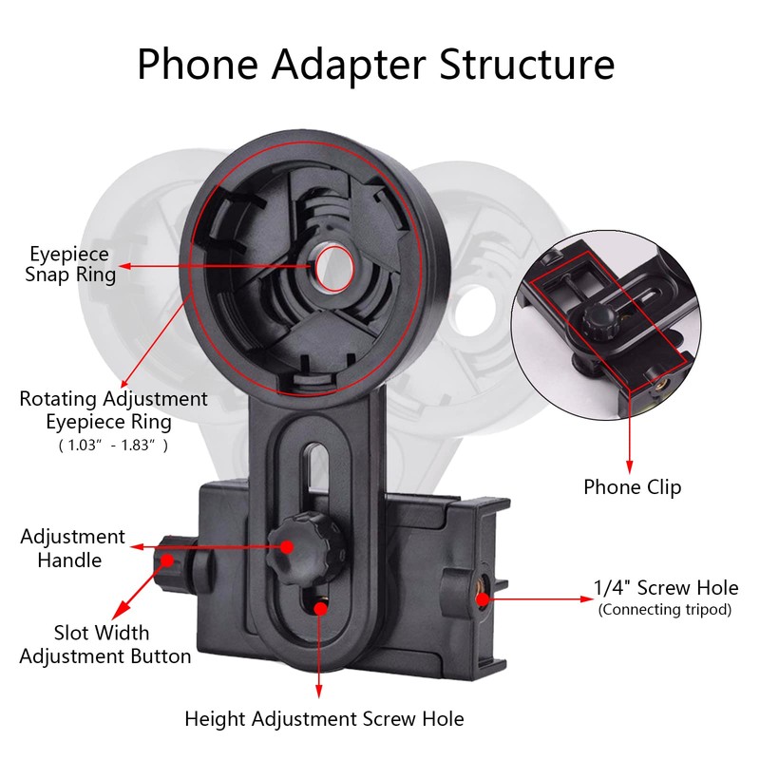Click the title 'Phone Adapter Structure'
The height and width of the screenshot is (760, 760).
375,65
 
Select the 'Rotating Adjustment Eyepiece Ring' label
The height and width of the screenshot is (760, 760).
113,409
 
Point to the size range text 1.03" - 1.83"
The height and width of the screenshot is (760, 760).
113,445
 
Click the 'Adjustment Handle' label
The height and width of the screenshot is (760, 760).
72,548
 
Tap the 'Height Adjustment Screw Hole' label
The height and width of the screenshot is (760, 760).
324,718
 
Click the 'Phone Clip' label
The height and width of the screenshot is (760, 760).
632,486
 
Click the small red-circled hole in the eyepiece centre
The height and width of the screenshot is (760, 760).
332,265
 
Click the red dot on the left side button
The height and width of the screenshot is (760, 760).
167,560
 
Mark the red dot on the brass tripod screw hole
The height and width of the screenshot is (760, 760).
483,598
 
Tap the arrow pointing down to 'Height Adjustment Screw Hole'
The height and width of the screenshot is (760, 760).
321,655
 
